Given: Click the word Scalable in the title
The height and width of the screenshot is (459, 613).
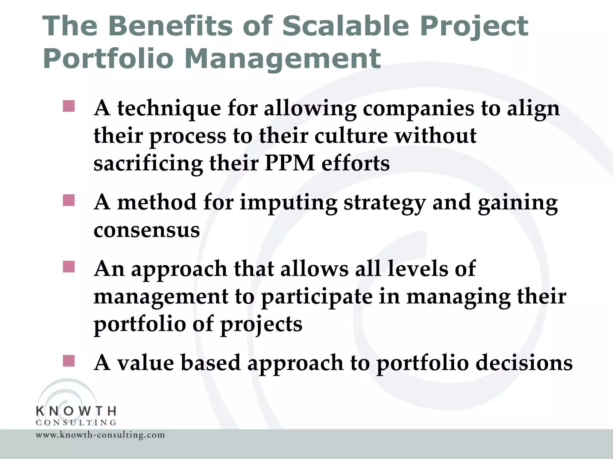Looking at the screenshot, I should click(345, 26).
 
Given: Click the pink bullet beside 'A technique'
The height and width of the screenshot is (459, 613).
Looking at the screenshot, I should click(69, 106).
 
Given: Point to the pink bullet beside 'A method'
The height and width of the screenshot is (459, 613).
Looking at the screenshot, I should click(69, 201).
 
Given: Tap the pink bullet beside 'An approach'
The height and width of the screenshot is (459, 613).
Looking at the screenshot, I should click(69, 267).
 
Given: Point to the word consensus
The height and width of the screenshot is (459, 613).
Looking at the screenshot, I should click(147, 230).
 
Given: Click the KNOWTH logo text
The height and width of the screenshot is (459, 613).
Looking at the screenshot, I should click(76, 411).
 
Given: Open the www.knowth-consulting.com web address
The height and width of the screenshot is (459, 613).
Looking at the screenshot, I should click(100, 435).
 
